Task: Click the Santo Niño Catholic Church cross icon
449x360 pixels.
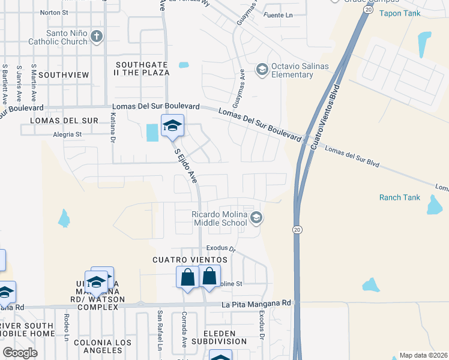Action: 96,37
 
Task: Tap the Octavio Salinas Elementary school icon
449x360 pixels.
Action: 262,70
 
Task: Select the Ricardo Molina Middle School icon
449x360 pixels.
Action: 256,218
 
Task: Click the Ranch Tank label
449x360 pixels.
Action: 400,197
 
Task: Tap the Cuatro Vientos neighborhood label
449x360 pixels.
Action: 190,260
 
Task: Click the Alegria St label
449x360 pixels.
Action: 67,135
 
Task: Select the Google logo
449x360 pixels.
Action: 20,352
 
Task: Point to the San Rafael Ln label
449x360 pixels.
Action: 160,329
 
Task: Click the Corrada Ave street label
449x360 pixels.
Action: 184,328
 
